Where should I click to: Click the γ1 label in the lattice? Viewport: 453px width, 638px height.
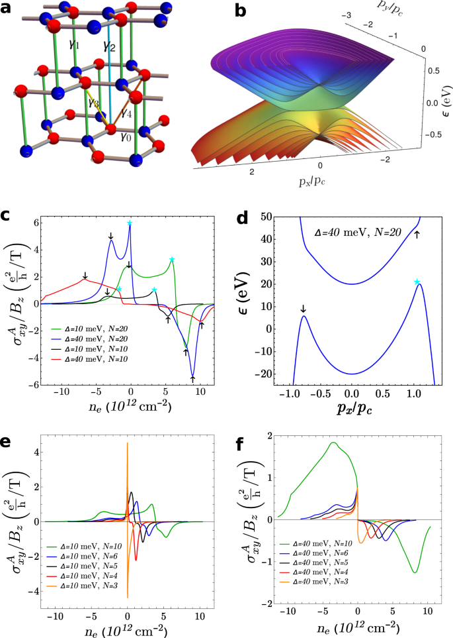coord(73,45)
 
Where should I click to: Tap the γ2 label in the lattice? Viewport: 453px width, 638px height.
coord(109,46)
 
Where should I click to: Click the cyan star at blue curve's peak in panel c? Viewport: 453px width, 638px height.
coord(130,223)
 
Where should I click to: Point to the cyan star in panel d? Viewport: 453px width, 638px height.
coord(417,282)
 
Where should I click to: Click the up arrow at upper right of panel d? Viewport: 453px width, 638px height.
coord(417,235)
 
